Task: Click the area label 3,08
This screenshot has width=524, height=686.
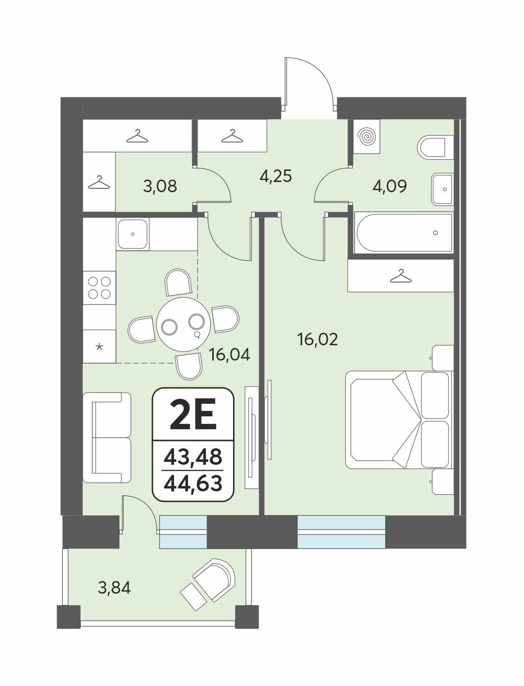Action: pyautogui.click(x=160, y=186)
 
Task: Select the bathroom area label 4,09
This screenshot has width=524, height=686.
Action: pyautogui.click(x=390, y=186)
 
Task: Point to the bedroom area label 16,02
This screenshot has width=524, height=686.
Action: pyautogui.click(x=318, y=339)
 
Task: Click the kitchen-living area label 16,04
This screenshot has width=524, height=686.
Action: pyautogui.click(x=230, y=355)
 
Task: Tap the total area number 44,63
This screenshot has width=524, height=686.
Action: pyautogui.click(x=193, y=484)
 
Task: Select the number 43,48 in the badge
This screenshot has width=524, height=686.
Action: pyautogui.click(x=193, y=457)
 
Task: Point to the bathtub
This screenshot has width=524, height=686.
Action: pyautogui.click(x=404, y=233)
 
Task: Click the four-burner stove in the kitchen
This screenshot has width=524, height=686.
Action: pyautogui.click(x=99, y=288)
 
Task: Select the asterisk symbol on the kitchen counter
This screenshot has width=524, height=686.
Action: pyautogui.click(x=99, y=346)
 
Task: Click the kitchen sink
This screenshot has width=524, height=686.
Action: pyautogui.click(x=132, y=234)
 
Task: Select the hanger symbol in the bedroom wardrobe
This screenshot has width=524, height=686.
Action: pyautogui.click(x=401, y=276)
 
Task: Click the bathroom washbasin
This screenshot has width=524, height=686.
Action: pyautogui.click(x=442, y=189)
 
